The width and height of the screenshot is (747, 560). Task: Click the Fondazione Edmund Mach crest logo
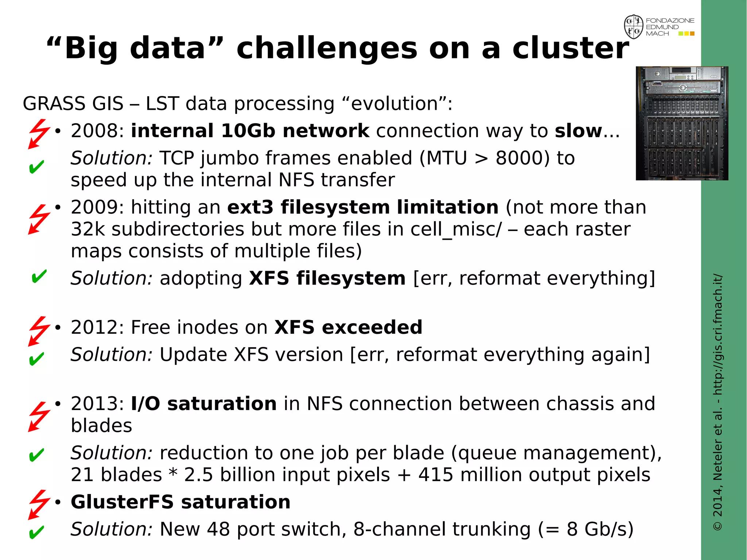pos(634,27)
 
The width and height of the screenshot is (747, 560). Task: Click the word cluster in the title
pos(570,48)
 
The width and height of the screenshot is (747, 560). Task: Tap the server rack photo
pos(682,123)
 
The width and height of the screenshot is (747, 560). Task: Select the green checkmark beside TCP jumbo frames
pos(36,167)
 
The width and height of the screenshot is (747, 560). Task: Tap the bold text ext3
pos(250,208)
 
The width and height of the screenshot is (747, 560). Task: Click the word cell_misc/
pos(456,229)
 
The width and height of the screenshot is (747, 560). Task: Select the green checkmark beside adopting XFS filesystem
pos(39,277)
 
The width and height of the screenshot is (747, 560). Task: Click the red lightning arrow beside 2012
pos(39,331)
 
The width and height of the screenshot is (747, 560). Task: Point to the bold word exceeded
pos(372,327)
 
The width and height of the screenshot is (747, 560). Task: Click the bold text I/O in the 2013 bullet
pos(145,404)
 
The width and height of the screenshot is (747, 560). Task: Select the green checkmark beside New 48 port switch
pos(36,532)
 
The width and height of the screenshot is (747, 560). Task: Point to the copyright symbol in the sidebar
pos(717,526)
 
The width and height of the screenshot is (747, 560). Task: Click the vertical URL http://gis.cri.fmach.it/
pos(717,335)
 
